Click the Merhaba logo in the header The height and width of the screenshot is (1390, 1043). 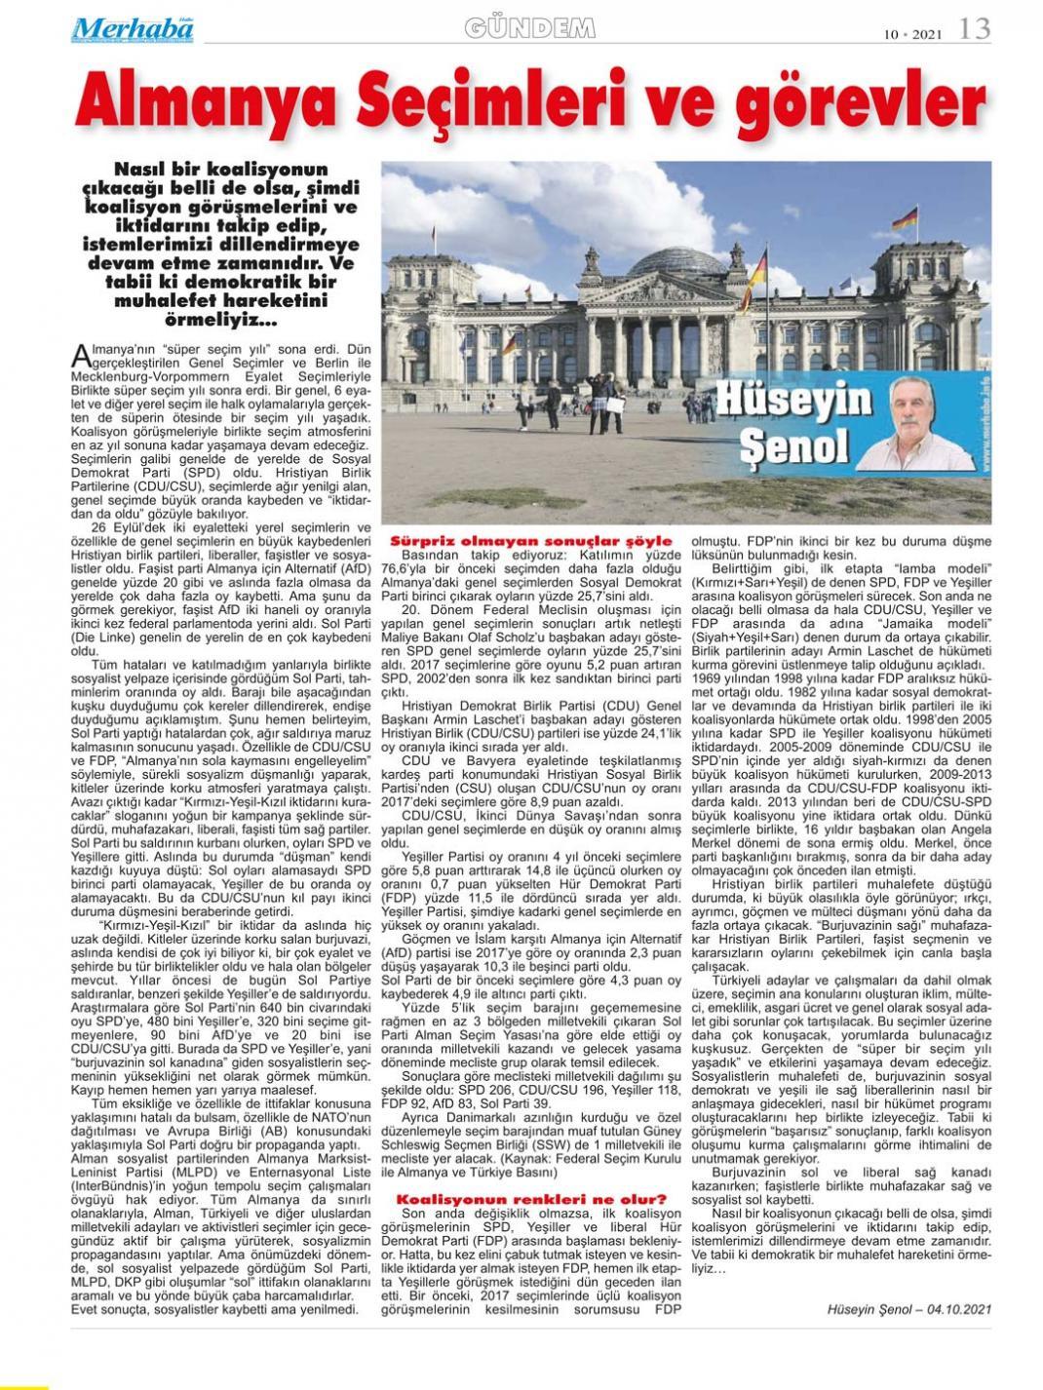click(x=133, y=29)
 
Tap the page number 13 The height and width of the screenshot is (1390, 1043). click(x=975, y=29)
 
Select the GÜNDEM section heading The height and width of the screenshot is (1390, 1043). click(x=531, y=29)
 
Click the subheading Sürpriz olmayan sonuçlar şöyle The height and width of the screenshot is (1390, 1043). click(x=530, y=539)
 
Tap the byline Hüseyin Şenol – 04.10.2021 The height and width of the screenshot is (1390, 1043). click(x=908, y=1308)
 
